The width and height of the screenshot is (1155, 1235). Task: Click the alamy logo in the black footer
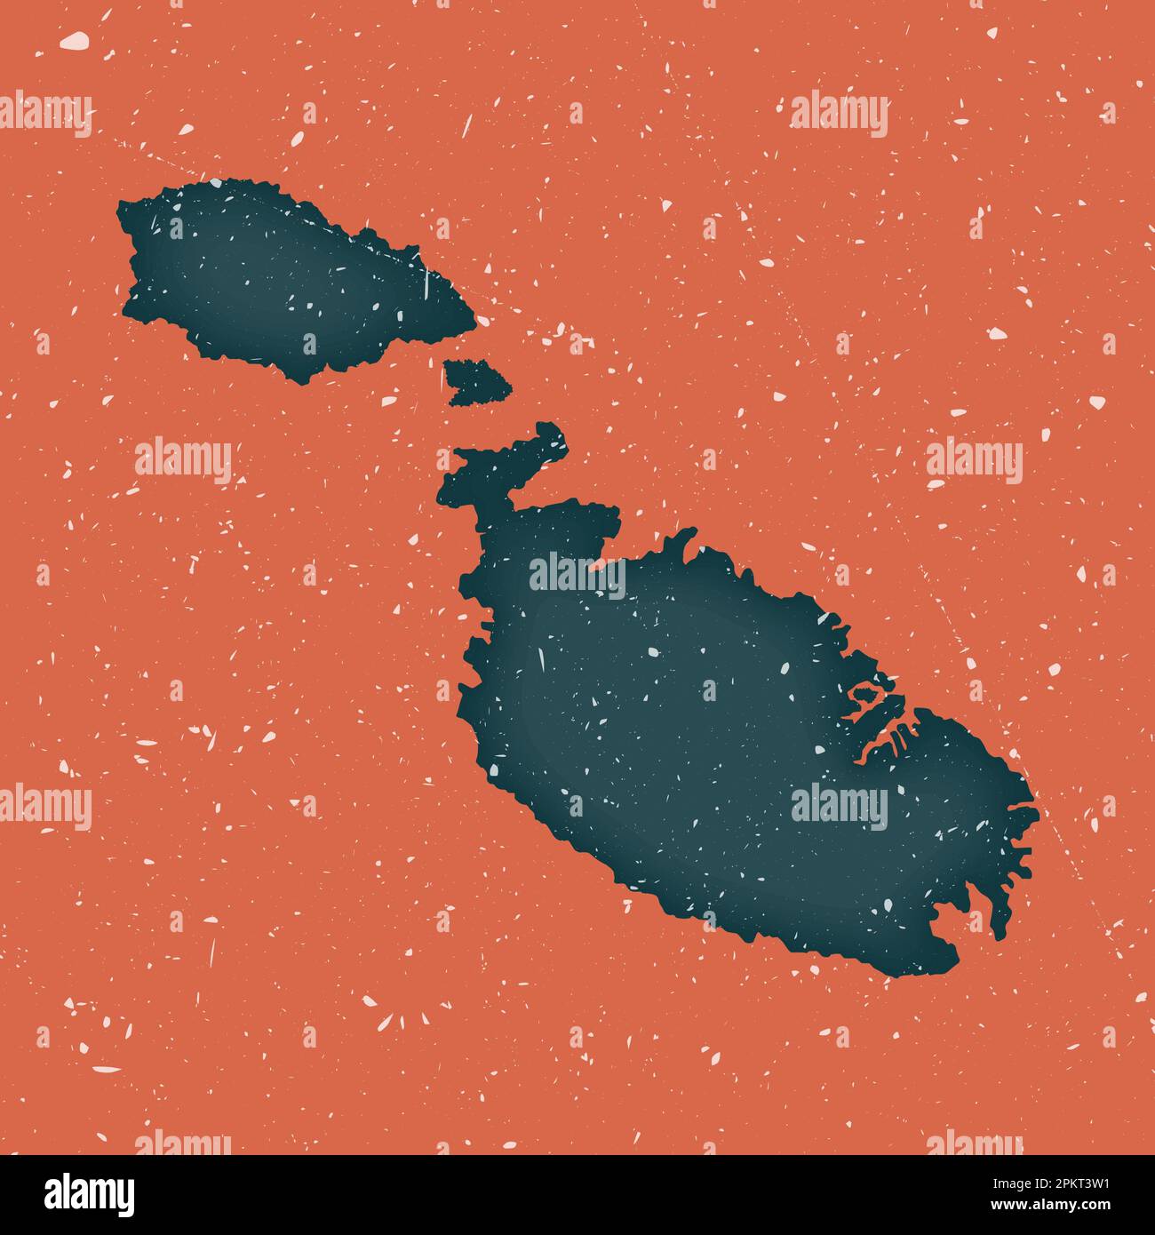(x=89, y=1195)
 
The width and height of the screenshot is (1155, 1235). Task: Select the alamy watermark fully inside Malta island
(x=839, y=806)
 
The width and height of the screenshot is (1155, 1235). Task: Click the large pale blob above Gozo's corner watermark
(x=75, y=40)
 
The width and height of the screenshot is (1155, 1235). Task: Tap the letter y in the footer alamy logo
(x=125, y=1199)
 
